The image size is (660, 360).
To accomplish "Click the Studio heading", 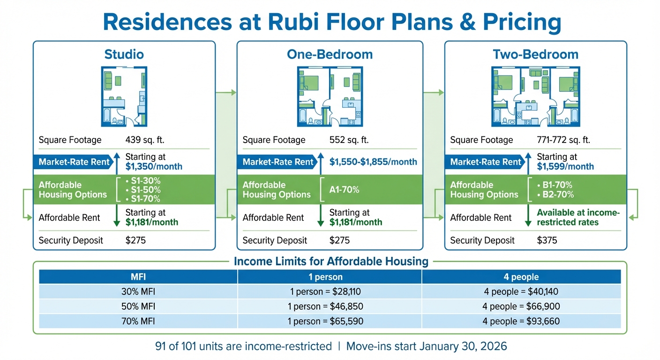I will tap(124, 54).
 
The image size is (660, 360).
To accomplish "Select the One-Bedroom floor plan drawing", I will tap(330, 97).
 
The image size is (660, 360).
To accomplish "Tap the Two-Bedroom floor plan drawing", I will tap(535, 97).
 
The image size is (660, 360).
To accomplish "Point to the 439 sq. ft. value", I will tap(145, 140).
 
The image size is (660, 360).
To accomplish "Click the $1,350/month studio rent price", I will tap(154, 166).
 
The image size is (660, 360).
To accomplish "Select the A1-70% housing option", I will tap(344, 190).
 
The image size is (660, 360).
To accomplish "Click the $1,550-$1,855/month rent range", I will tap(373, 162).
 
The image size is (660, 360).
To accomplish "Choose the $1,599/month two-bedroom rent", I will tap(565, 166).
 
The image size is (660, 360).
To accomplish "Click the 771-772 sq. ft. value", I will tap(563, 140).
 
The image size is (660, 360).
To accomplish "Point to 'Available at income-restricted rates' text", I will tap(578, 217).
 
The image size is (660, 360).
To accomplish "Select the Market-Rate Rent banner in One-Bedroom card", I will tap(278, 162).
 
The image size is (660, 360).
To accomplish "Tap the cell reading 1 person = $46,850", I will tap(326, 307).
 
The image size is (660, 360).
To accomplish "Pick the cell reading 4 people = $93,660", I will tap(521, 322).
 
